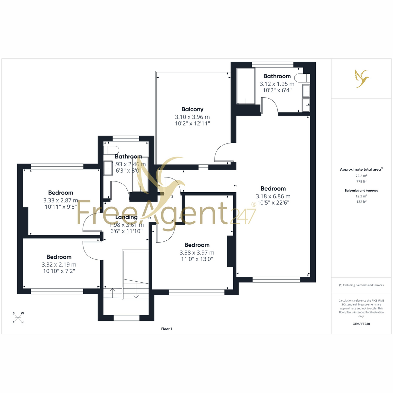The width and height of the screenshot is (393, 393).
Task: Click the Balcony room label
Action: pyautogui.click(x=192, y=109)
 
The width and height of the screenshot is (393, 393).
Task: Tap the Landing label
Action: pyautogui.click(x=126, y=217)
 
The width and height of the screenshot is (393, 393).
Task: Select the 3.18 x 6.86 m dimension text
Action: pyautogui.click(x=273, y=196)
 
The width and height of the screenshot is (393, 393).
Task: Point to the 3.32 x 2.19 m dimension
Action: pyautogui.click(x=59, y=265)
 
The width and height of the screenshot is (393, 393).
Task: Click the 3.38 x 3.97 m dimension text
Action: pyautogui.click(x=197, y=253)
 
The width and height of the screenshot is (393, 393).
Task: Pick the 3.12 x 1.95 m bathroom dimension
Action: pyautogui.click(x=277, y=84)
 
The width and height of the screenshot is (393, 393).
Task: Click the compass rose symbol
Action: pyautogui.click(x=18, y=318)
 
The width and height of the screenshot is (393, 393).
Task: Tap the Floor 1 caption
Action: pyautogui.click(x=166, y=329)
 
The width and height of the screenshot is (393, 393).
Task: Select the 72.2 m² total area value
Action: pyautogui.click(x=361, y=176)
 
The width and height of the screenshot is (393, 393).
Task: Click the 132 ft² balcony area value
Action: pyautogui.click(x=361, y=202)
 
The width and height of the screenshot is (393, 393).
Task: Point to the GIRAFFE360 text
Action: pyautogui.click(x=361, y=324)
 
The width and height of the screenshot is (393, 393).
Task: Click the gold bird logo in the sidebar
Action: pyautogui.click(x=362, y=79)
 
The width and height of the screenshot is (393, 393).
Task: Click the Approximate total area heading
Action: pyautogui.click(x=361, y=169)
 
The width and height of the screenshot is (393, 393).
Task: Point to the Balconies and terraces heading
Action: pyautogui.click(x=361, y=191)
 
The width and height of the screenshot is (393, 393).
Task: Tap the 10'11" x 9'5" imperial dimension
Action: pyautogui.click(x=61, y=207)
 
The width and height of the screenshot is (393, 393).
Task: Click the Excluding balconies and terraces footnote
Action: pyautogui.click(x=361, y=285)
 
